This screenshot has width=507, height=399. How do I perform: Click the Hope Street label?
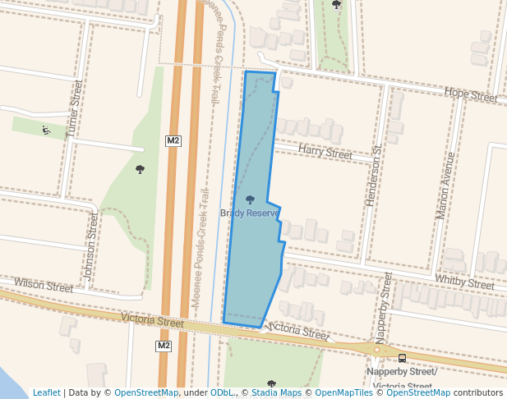pos(471,95)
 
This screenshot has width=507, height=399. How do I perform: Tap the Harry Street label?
pos(325,152)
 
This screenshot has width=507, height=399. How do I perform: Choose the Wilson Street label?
pos(44,287)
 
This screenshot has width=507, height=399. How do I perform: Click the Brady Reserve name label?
pos(249,213)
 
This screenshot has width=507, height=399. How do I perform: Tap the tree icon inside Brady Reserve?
pos(250,199)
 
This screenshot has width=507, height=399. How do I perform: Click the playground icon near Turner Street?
pos(45,130)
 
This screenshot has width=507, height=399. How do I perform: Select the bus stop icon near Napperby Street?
pos(402,358)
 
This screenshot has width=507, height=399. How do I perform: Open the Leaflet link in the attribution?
pos(46,393)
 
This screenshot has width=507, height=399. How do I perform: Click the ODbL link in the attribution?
pos(223,393)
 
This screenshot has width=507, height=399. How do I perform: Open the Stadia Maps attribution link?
pos(274,393)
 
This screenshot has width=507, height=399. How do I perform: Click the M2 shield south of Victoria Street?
pos(164,346)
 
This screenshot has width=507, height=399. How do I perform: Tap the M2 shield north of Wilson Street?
pos(173,140)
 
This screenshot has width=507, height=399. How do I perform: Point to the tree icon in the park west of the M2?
pos(140,169)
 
